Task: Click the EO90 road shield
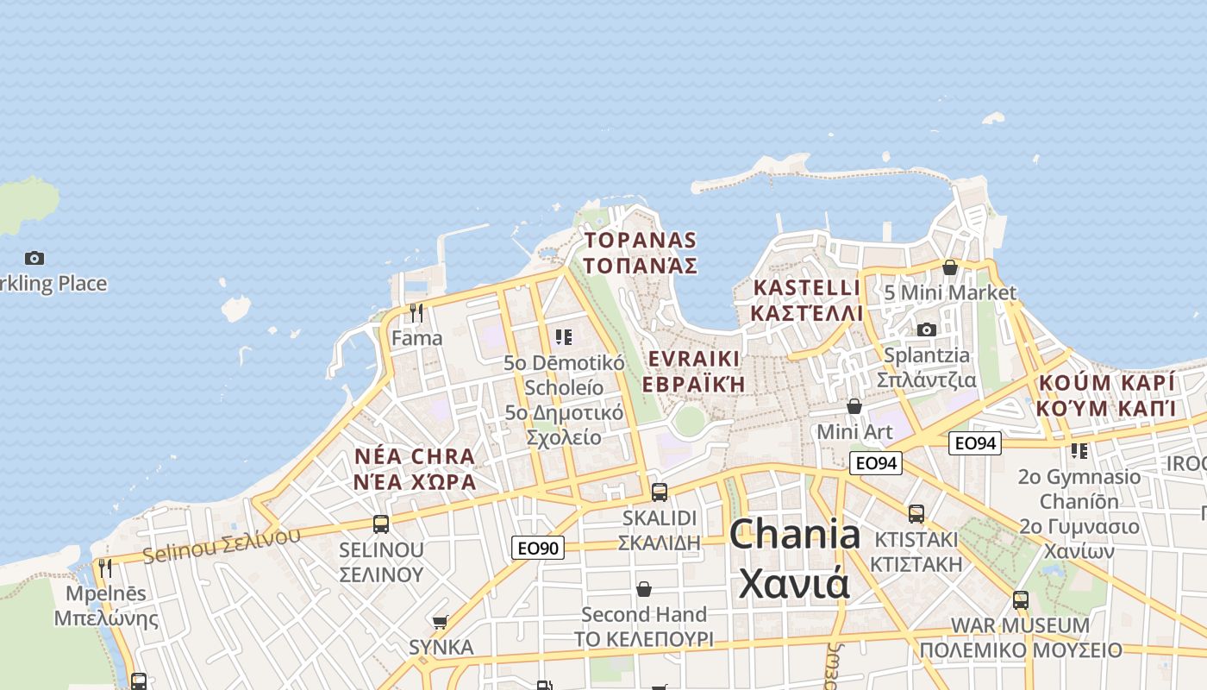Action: coord(539,548)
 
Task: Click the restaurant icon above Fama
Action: coord(416,311)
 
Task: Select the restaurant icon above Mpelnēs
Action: coord(105,568)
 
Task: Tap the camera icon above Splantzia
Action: coord(927,329)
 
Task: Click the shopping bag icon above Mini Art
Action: coord(854,405)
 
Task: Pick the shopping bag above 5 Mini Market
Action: coord(950,267)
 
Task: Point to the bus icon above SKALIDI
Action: coord(660,492)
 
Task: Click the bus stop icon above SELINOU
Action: coord(380,524)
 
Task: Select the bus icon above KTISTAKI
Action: coord(916,514)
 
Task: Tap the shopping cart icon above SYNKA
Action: coord(441,621)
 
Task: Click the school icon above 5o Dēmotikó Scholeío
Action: coord(564,336)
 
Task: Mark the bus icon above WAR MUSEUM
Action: coord(1021,599)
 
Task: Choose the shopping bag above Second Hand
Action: coord(643,589)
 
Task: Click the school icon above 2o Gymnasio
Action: coord(1079,450)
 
